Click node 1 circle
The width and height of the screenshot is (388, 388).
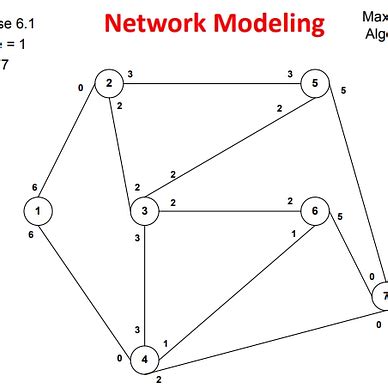tap(38, 211)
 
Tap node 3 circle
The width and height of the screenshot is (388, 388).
tap(145, 211)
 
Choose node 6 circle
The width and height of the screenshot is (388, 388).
tap(315, 211)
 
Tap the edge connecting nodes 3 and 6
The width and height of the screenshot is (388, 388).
tap(230, 211)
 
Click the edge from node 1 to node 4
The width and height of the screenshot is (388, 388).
tap(90, 284)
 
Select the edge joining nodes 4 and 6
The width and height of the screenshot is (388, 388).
tap(230, 285)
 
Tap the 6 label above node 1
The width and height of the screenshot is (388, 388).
tap(35, 188)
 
